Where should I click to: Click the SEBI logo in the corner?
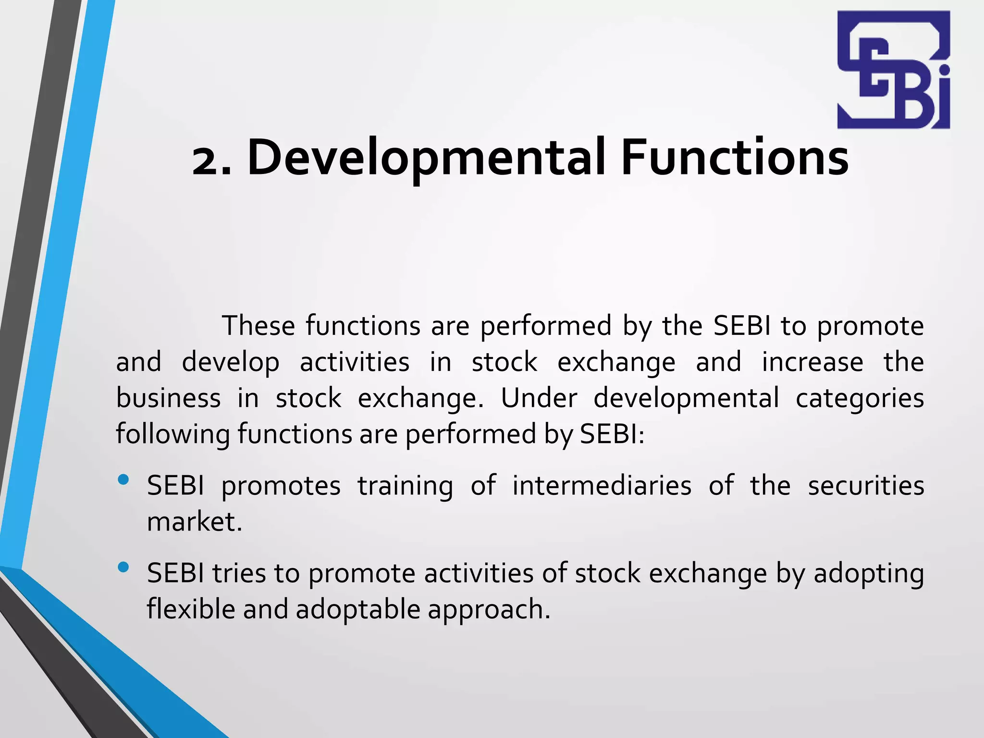[893, 70]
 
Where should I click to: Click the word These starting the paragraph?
[258, 326]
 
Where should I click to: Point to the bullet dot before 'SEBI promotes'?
[123, 480]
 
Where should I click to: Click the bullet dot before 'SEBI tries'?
[123, 567]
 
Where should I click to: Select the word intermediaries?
[602, 486]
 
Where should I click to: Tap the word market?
[194, 522]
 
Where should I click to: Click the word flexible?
[191, 609]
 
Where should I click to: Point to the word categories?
[860, 399]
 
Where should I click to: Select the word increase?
[812, 362]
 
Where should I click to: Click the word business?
[168, 399]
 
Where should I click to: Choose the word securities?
[866, 486]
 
